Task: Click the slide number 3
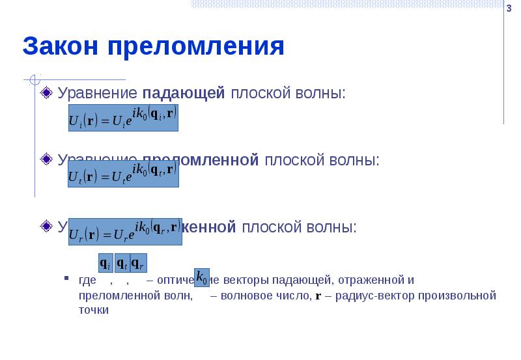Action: [x=509, y=7]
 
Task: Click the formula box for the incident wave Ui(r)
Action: [x=124, y=119]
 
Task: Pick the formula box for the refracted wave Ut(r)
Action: [x=124, y=174]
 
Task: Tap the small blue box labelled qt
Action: [x=122, y=262]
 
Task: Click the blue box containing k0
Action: [x=202, y=277]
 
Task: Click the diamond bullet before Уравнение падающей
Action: [x=46, y=94]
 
